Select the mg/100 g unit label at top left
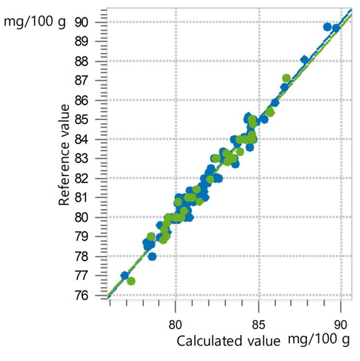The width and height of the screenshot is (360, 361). (x=34, y=22)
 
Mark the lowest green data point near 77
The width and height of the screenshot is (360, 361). (x=131, y=281)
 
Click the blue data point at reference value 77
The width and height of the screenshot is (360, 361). (x=125, y=275)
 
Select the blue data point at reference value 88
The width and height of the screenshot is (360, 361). (x=304, y=60)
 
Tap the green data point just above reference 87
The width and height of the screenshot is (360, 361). (x=286, y=77)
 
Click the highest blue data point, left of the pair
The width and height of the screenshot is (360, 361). (x=327, y=27)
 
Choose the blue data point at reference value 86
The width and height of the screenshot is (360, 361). (x=275, y=102)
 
